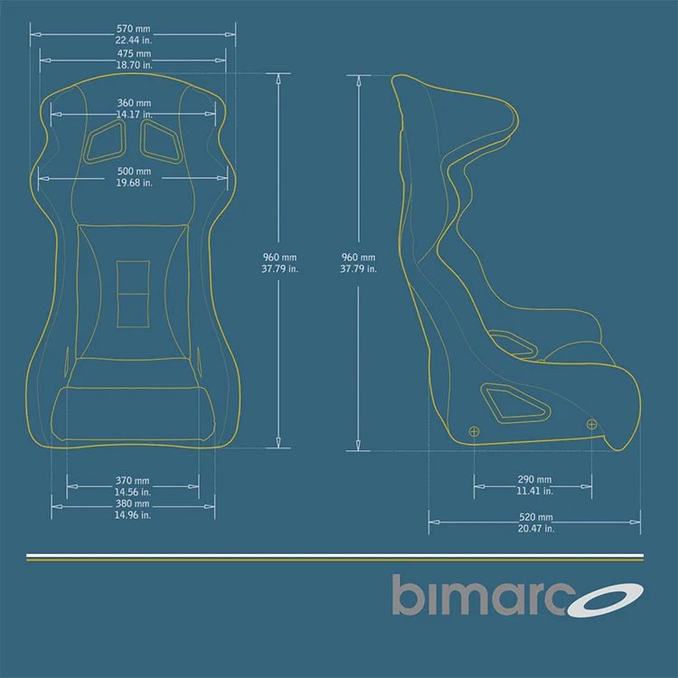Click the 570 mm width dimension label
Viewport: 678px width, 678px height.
(x=133, y=28)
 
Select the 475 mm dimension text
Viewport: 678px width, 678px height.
(x=133, y=53)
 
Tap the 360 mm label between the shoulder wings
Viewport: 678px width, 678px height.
(x=134, y=103)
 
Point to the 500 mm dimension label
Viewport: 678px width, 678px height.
(x=134, y=171)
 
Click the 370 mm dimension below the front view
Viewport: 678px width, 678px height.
(x=133, y=480)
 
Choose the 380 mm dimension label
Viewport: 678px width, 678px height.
(x=133, y=504)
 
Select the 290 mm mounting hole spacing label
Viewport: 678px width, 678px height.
(x=534, y=479)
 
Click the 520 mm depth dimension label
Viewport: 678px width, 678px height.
(x=534, y=517)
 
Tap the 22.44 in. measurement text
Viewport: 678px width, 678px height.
(x=133, y=40)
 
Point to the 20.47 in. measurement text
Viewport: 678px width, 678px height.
(x=534, y=529)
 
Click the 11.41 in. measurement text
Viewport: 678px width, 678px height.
(x=534, y=491)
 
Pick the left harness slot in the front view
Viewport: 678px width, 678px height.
(x=106, y=141)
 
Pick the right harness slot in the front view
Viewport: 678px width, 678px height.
(x=161, y=141)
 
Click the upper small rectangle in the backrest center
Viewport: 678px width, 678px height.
(x=134, y=276)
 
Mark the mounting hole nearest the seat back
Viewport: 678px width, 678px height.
(x=474, y=431)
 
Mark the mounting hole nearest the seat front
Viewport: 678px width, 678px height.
(x=591, y=423)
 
